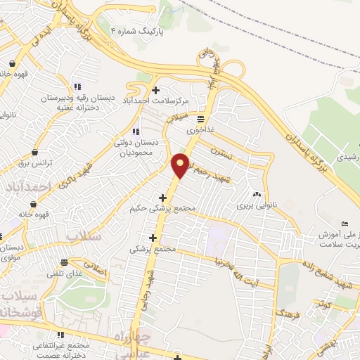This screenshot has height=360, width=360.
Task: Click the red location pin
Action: [180, 164]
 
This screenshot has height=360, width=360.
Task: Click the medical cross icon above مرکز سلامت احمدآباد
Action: [155, 89]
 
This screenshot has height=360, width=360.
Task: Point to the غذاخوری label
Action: [200, 130]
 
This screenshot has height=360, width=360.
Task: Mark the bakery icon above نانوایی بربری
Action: [257, 194]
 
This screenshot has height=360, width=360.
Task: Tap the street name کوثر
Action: [323, 304]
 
